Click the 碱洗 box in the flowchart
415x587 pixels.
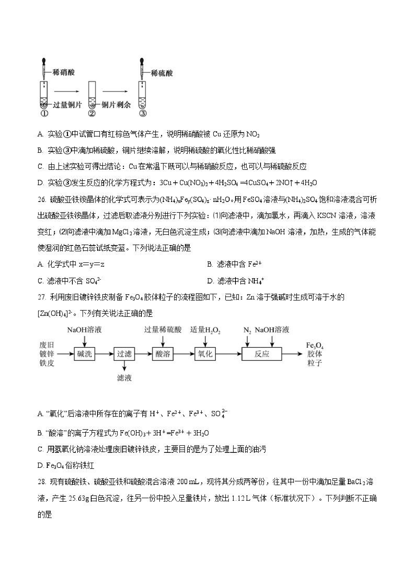pyautogui.click(x=84, y=354)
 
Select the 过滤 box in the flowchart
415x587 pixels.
pyautogui.click(x=124, y=354)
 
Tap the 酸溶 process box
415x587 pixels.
pyautogui.click(x=163, y=354)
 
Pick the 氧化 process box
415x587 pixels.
pyautogui.click(x=205, y=354)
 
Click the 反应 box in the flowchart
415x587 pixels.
pyautogui.click(x=262, y=354)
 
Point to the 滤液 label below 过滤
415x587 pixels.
pyautogui.click(x=124, y=378)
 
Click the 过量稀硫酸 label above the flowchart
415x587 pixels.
pyautogui.click(x=163, y=330)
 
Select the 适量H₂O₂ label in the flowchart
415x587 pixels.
pyautogui.click(x=205, y=330)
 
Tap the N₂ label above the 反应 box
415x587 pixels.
pyautogui.click(x=247, y=330)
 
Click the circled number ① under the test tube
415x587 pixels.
pyautogui.click(x=44, y=113)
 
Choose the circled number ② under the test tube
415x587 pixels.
pyautogui.click(x=92, y=113)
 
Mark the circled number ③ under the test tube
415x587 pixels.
pyautogui.click(x=143, y=113)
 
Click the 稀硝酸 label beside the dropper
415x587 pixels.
pyautogui.click(x=63, y=72)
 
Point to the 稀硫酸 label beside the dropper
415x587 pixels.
pyautogui.click(x=162, y=73)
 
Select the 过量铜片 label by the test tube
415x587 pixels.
pyautogui.click(x=67, y=105)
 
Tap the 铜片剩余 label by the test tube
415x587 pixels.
pyautogui.click(x=116, y=105)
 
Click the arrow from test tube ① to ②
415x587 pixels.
pyautogui.click(x=66, y=91)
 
